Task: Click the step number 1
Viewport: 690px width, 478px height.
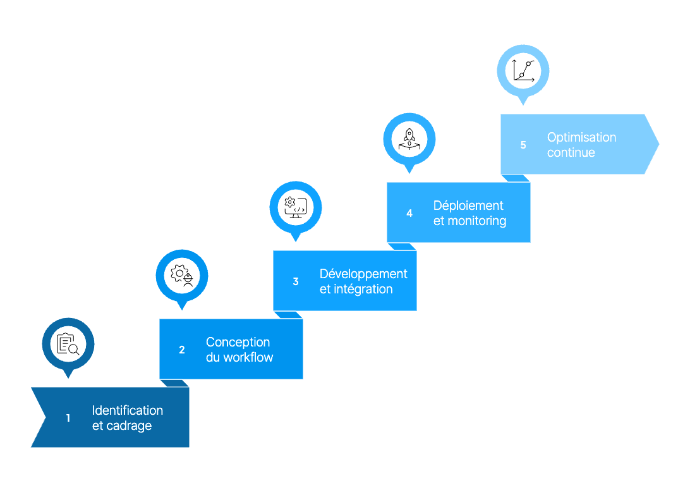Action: tap(68, 418)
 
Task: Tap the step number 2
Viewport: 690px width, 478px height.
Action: tap(182, 350)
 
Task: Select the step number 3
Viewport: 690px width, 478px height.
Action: tap(296, 281)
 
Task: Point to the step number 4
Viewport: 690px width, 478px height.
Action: tap(409, 213)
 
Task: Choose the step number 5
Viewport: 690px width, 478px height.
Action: tap(523, 145)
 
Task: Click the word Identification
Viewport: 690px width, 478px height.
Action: tap(128, 410)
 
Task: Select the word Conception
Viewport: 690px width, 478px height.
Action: tap(238, 342)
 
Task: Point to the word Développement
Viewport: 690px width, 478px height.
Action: tap(363, 274)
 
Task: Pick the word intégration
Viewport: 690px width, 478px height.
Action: tap(363, 289)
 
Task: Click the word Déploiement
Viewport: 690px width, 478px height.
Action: tap(468, 205)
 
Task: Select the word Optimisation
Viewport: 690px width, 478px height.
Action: tap(582, 137)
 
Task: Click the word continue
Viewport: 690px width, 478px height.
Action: tap(571, 152)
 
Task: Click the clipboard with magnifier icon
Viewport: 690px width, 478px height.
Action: tap(68, 344)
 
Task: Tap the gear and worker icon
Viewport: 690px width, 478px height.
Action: tap(182, 276)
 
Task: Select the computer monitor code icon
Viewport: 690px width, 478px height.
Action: tap(296, 207)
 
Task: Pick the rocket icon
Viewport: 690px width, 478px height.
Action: tap(409, 139)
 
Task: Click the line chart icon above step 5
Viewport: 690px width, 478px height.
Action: tap(523, 70)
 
